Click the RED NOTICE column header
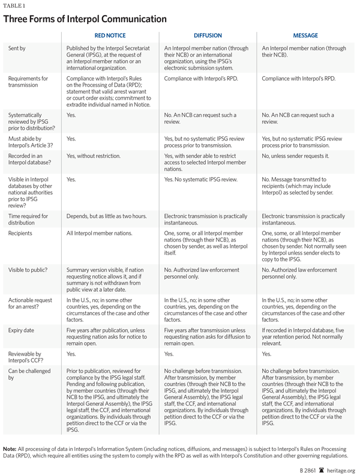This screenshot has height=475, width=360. (x=110, y=35)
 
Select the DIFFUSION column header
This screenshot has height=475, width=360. (x=208, y=35)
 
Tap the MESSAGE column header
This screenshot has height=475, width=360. (x=306, y=35)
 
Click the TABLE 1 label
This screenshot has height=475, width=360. (x=14, y=5)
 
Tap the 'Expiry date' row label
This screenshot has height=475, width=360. (x=23, y=330)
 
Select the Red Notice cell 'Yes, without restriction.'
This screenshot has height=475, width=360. (x=94, y=156)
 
